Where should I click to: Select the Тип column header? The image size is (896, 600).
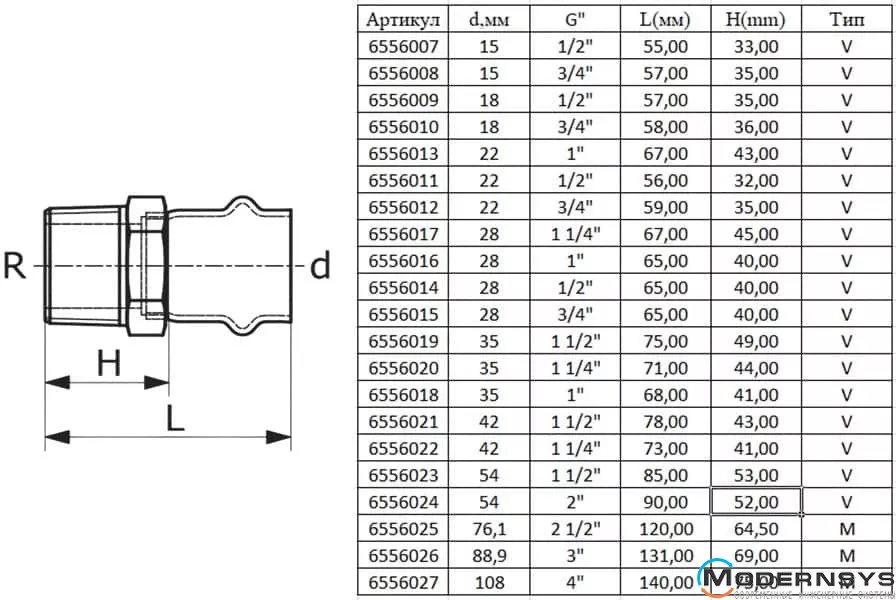coord(846,19)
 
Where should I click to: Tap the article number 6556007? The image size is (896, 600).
coord(403,46)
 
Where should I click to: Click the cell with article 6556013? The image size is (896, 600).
coord(403,153)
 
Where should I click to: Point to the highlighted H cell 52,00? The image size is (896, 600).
coord(756,501)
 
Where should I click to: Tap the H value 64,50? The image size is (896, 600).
coord(756,528)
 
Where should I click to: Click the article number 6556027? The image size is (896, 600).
coord(403,582)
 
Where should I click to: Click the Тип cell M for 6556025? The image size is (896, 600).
coord(846,528)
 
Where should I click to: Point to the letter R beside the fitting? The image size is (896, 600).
coord(15,267)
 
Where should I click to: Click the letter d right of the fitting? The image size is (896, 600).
coord(319,267)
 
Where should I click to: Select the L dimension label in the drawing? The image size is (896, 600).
coord(175,418)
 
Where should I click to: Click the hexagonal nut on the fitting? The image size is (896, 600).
coord(146,264)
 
